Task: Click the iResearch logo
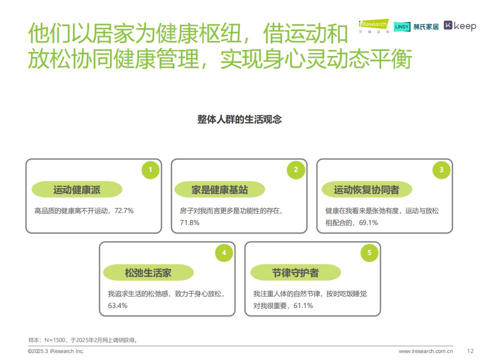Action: tap(374, 26)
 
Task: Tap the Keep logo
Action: tap(460, 25)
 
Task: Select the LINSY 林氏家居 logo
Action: tap(416, 27)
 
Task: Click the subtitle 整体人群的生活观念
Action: tap(239, 119)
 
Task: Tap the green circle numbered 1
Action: tap(150, 169)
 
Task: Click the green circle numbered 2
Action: tap(295, 169)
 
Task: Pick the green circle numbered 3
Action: tap(441, 169)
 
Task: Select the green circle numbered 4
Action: tap(224, 252)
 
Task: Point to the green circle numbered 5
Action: tap(369, 252)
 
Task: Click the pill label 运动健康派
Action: tap(77, 189)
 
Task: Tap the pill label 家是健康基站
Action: tap(219, 189)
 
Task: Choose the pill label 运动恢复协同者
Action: tap(366, 189)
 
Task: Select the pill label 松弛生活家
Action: tap(148, 272)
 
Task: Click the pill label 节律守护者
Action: tap(295, 272)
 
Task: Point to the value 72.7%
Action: tap(124, 210)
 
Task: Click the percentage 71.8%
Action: tap(189, 222)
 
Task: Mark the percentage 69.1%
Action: tap(368, 222)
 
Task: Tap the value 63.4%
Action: tap(117, 305)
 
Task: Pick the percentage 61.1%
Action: tap(303, 305)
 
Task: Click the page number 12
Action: tap(470, 351)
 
